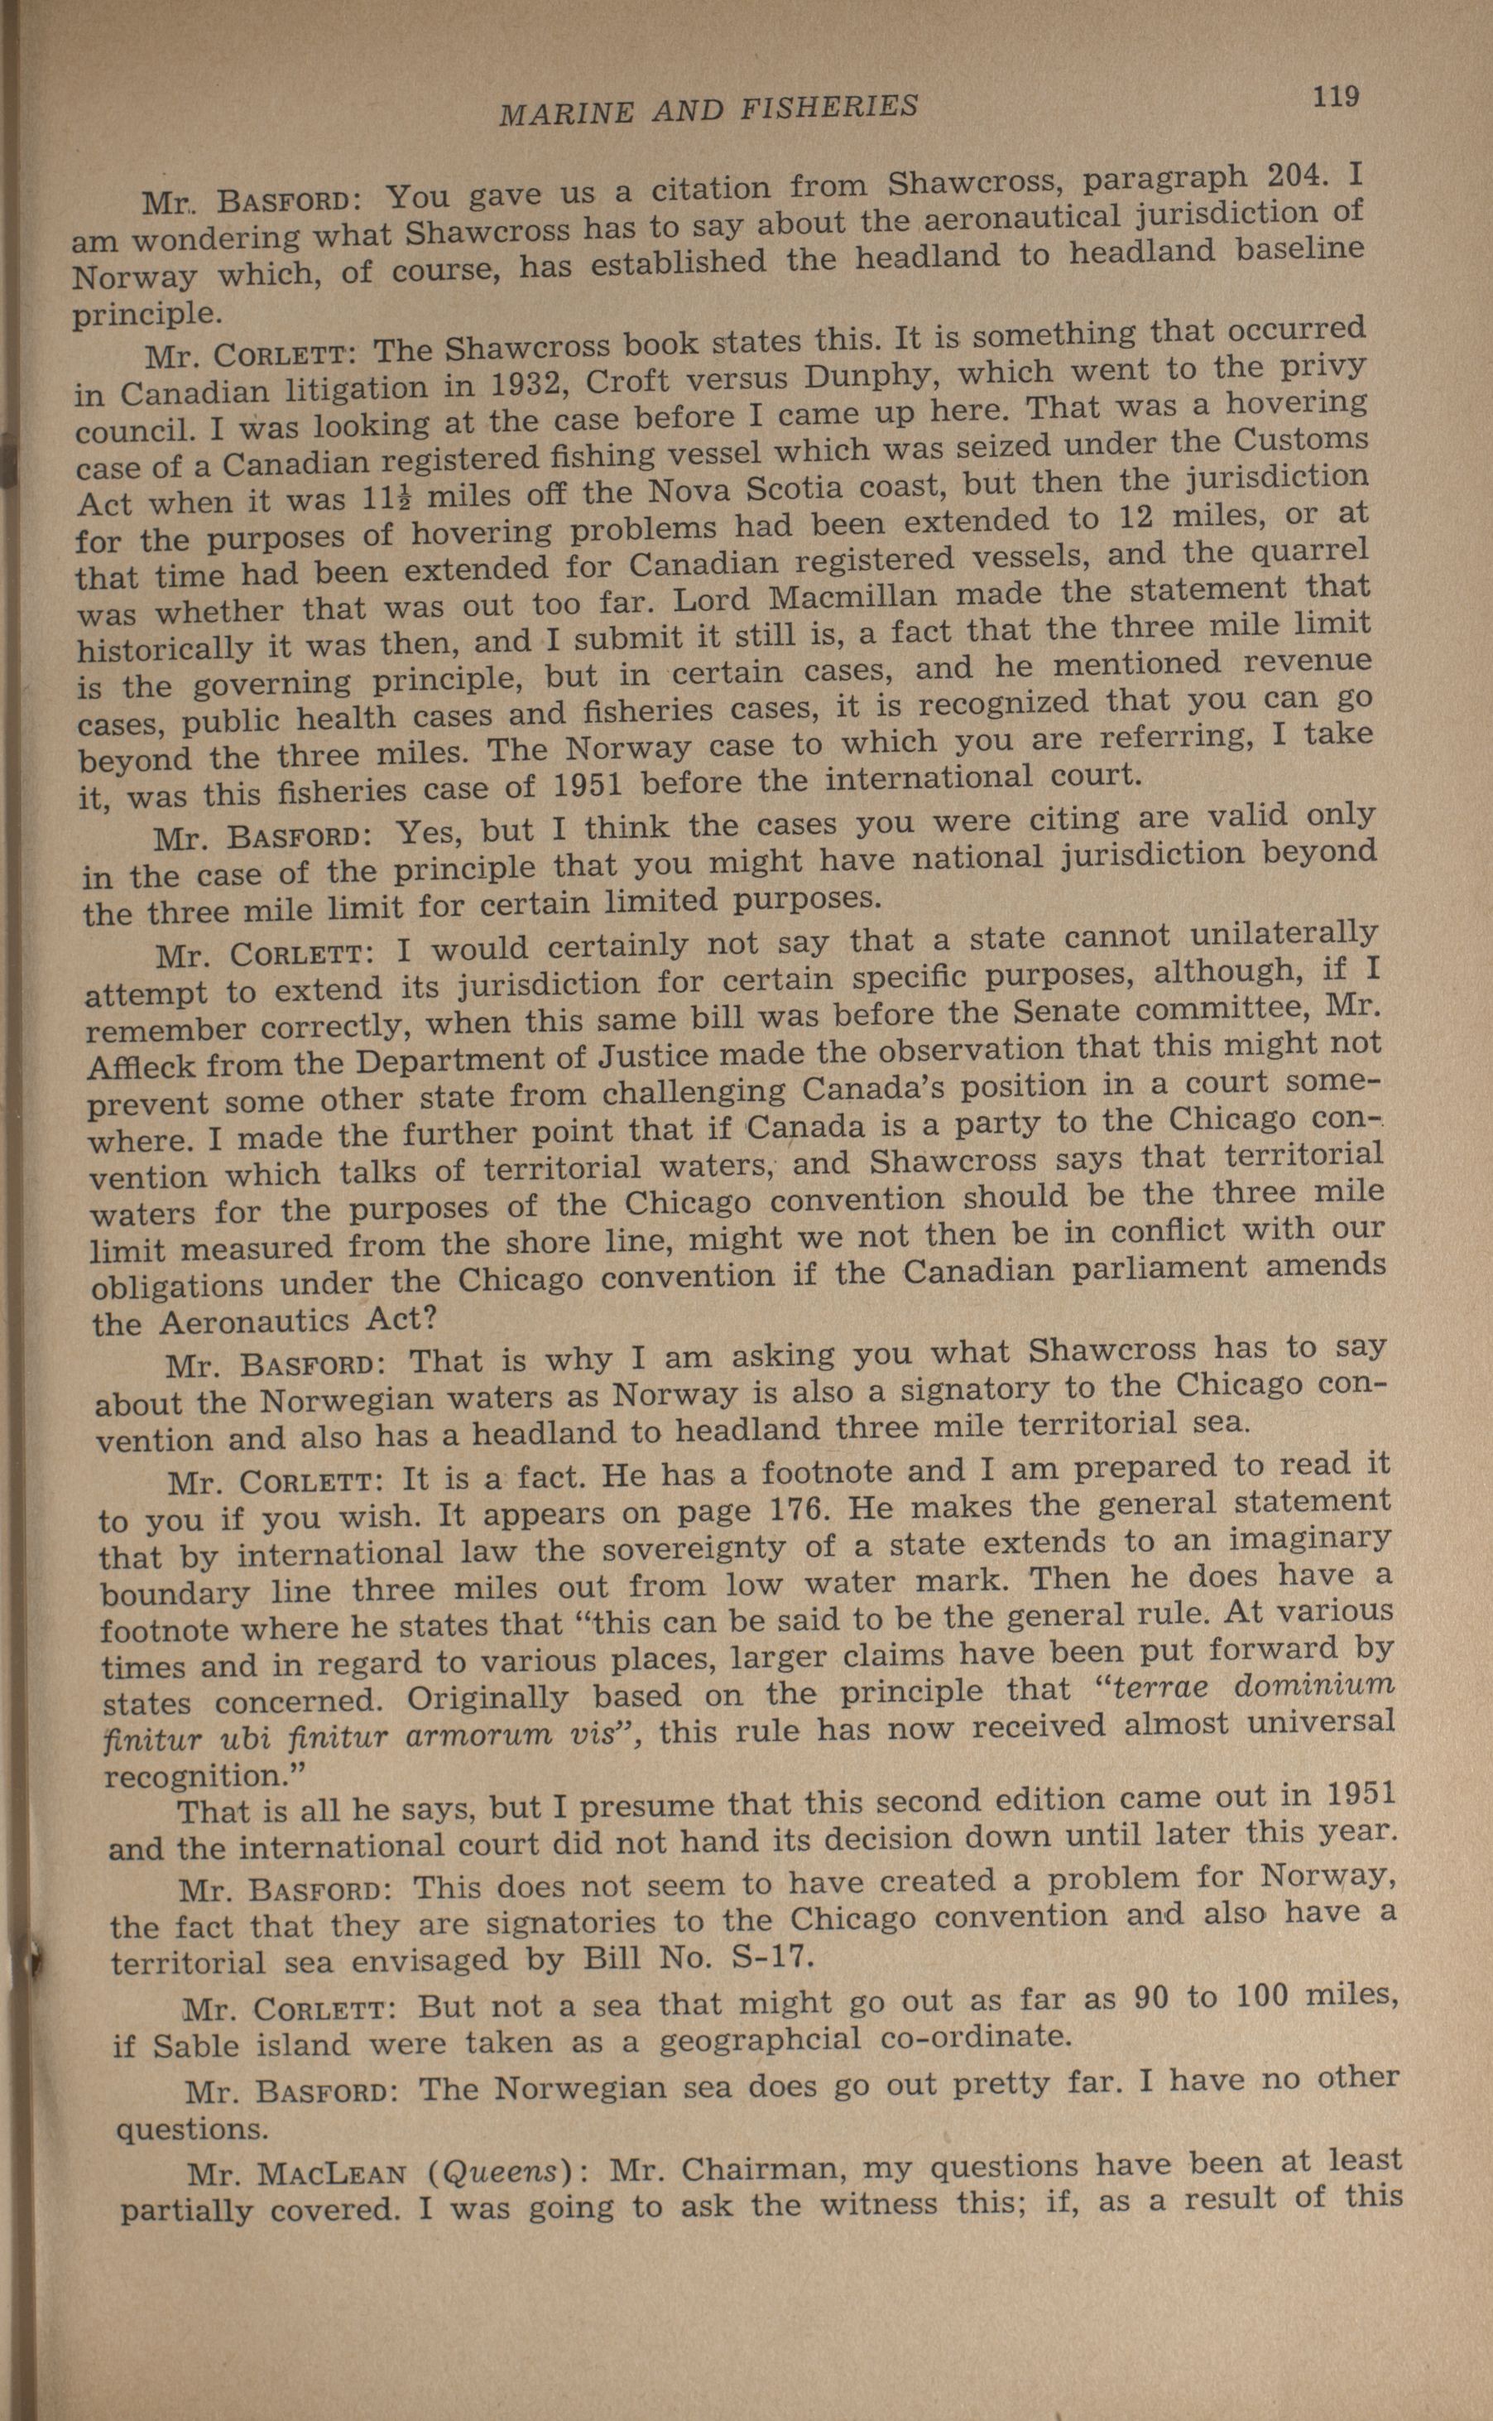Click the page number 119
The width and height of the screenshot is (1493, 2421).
(x=1336, y=97)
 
